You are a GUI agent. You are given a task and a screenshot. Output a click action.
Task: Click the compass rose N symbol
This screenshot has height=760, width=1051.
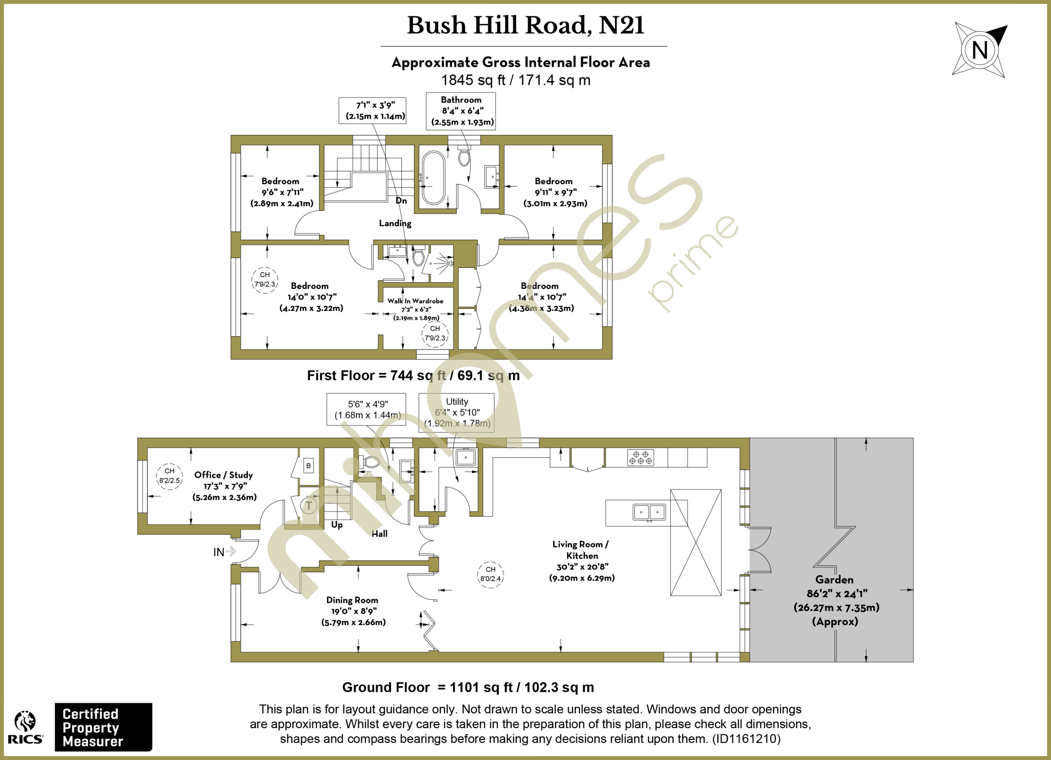(x=979, y=50)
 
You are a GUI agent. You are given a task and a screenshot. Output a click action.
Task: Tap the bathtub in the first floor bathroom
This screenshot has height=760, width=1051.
(x=434, y=178)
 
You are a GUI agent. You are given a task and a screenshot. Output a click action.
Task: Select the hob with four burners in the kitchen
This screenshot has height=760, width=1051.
(x=640, y=457)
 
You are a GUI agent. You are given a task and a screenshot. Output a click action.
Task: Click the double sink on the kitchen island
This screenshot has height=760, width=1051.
(x=649, y=512)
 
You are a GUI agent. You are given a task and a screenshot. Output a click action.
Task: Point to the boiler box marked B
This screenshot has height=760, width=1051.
(x=308, y=466)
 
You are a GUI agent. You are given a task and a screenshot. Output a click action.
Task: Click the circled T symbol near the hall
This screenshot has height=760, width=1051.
(x=309, y=506)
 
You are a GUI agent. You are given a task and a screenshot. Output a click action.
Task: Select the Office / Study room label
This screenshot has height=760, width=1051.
(x=224, y=475)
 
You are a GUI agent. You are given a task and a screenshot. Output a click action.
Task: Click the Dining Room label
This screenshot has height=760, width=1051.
(x=352, y=600)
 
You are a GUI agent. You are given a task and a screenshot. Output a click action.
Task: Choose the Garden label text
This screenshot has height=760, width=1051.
(x=834, y=580)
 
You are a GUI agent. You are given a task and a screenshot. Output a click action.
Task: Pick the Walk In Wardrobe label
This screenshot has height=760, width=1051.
(x=415, y=301)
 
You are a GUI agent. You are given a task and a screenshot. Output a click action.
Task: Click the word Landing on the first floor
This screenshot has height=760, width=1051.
(x=395, y=223)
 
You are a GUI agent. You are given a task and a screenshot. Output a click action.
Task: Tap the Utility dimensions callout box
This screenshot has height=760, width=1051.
(x=457, y=413)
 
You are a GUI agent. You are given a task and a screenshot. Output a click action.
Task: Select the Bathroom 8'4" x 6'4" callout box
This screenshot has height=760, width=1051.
(x=461, y=111)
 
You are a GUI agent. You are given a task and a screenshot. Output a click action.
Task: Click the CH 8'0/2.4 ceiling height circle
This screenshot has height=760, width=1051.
(x=491, y=574)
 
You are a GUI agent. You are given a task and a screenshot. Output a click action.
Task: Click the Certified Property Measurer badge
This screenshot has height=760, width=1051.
(x=103, y=727)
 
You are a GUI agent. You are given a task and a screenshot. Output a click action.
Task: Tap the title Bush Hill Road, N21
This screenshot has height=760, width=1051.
(x=525, y=26)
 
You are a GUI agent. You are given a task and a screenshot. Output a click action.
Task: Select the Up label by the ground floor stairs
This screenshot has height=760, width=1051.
(x=337, y=524)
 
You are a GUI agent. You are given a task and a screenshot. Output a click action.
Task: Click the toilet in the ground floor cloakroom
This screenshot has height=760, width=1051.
(x=371, y=462)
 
